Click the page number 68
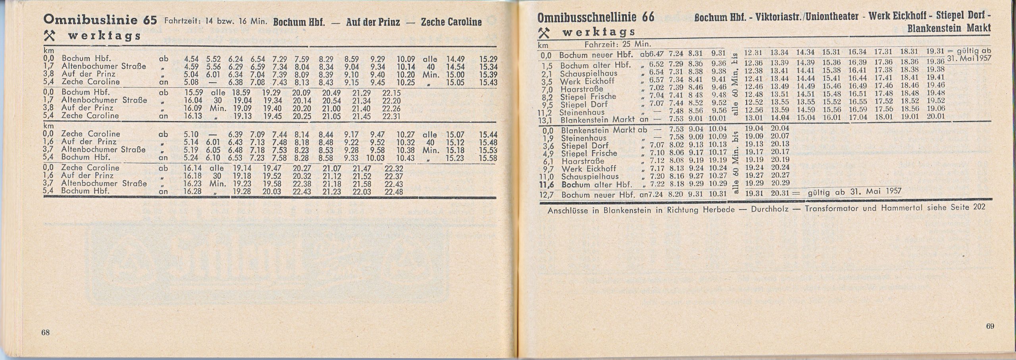(x=46, y=333)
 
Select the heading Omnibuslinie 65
(x=100, y=20)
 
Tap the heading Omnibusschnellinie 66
(x=596, y=18)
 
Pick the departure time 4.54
(x=191, y=59)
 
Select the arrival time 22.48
(x=394, y=192)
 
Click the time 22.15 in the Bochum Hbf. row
(x=392, y=93)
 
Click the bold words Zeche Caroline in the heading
(x=451, y=22)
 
